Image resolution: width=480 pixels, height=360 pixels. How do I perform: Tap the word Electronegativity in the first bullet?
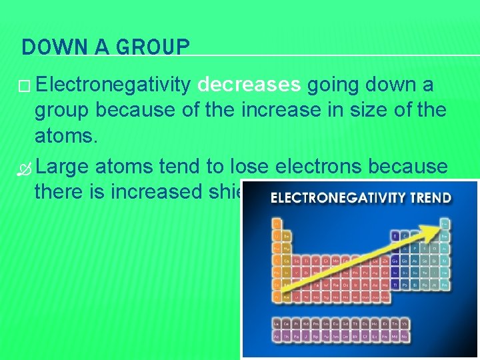pyautogui.click(x=115, y=85)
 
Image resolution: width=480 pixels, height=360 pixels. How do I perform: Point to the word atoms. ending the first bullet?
pyautogui.click(x=66, y=137)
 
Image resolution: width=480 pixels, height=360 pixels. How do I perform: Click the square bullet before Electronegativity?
pyautogui.click(x=26, y=85)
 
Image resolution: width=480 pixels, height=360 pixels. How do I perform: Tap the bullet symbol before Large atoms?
pyautogui.click(x=26, y=165)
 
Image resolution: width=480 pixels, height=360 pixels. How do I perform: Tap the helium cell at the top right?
pyautogui.click(x=445, y=223)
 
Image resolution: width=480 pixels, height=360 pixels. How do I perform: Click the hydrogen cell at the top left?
pyautogui.click(x=277, y=223)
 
